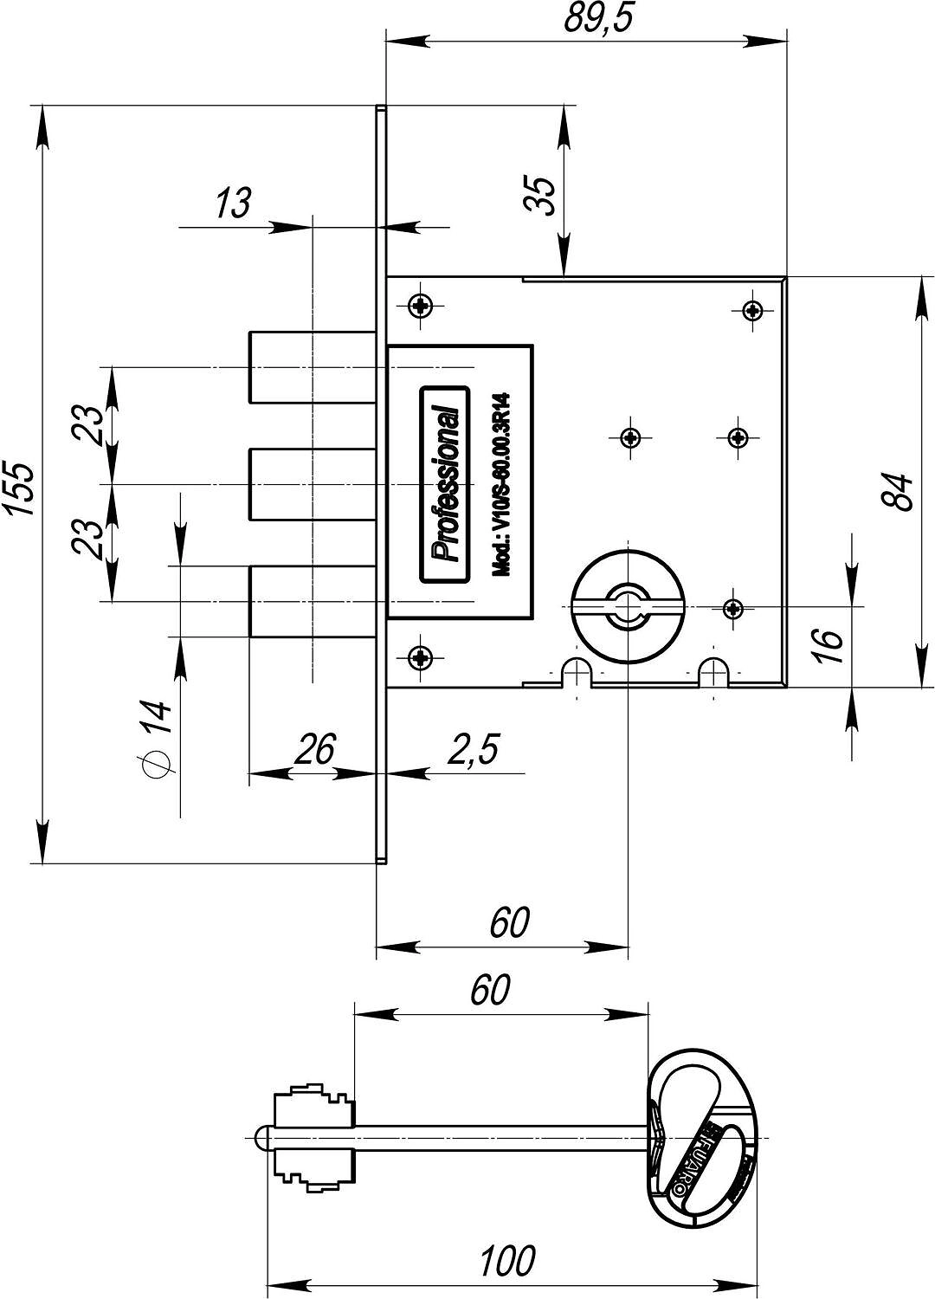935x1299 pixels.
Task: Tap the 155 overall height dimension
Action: point(21,488)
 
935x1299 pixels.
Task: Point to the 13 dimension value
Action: point(234,203)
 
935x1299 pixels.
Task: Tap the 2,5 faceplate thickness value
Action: point(473,749)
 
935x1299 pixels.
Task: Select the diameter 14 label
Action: point(155,738)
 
